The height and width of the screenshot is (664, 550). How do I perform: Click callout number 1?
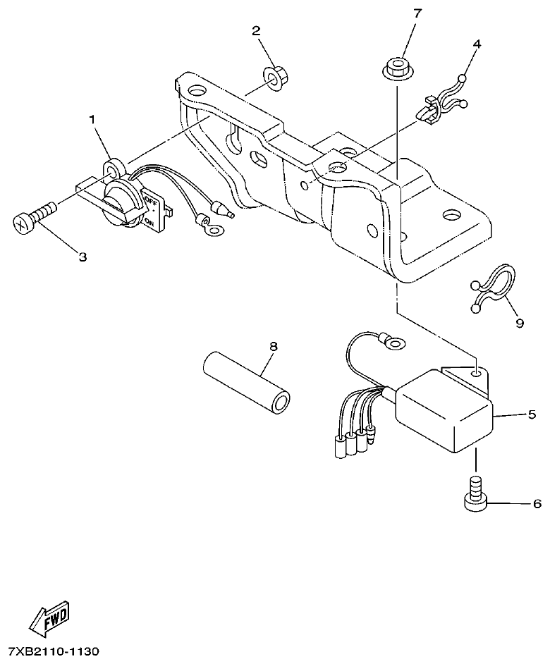pos(91,121)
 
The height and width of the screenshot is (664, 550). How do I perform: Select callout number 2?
pos(256,30)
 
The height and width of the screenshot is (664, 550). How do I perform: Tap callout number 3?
pos(82,257)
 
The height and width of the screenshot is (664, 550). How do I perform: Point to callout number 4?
pos(477,44)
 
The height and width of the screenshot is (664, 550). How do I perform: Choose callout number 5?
pos(531,414)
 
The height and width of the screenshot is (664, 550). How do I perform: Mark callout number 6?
pos(535,504)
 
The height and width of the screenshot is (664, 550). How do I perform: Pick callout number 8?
pos(274,346)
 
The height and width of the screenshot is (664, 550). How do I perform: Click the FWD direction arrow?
pos(49,620)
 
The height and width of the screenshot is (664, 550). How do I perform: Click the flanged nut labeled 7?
pos(397,68)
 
